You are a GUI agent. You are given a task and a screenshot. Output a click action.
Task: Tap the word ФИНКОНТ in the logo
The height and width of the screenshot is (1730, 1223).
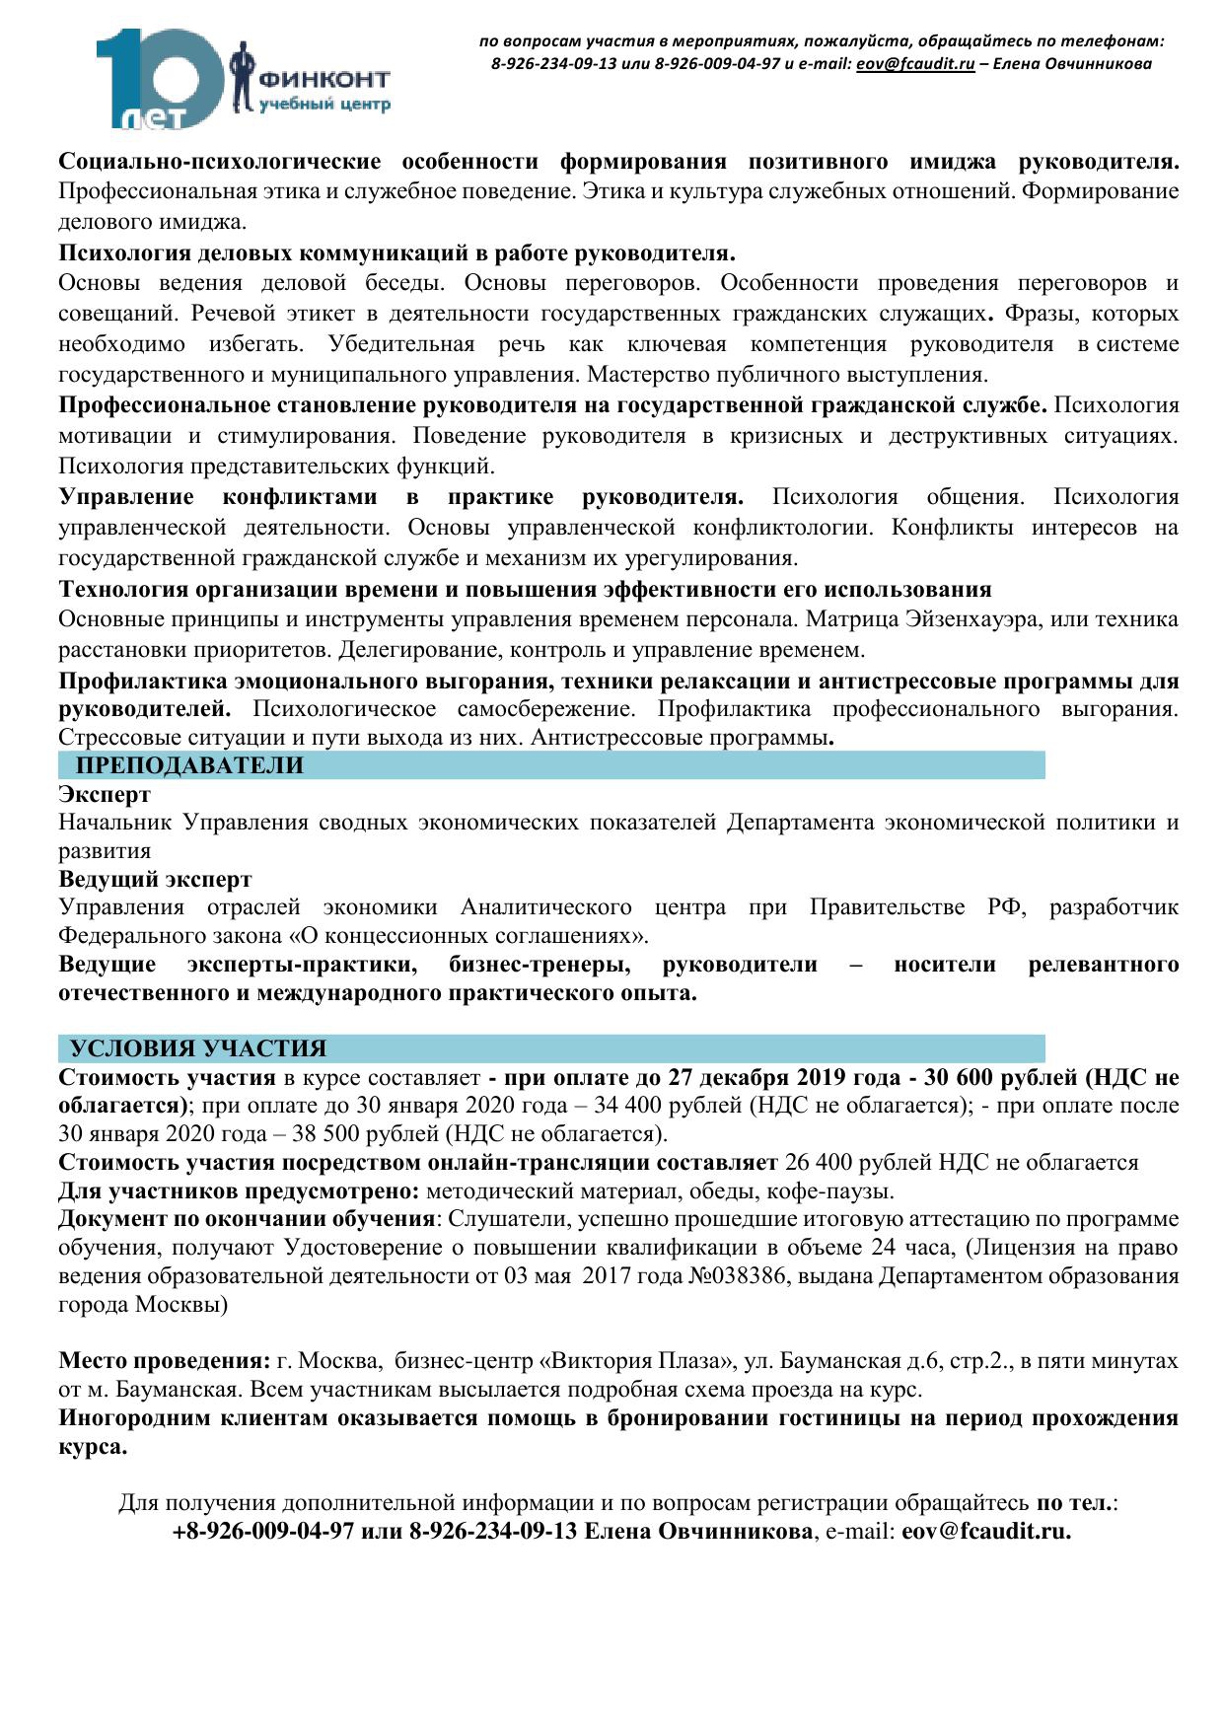tap(323, 79)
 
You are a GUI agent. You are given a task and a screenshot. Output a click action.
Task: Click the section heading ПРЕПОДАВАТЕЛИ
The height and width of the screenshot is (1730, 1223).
tap(190, 765)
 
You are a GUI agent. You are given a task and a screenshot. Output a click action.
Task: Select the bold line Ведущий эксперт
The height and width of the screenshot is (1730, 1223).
tap(155, 879)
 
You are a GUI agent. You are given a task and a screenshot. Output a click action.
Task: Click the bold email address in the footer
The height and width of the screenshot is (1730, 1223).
tap(986, 1532)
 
